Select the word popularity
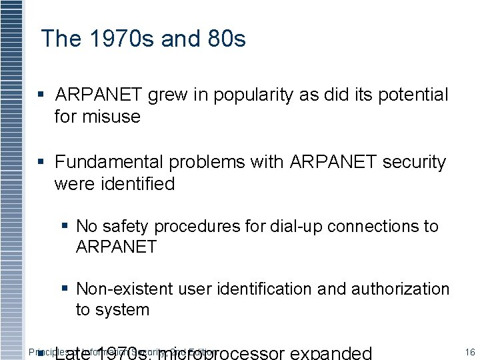click(253, 95)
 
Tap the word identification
click(259, 289)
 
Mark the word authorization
click(399, 289)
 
